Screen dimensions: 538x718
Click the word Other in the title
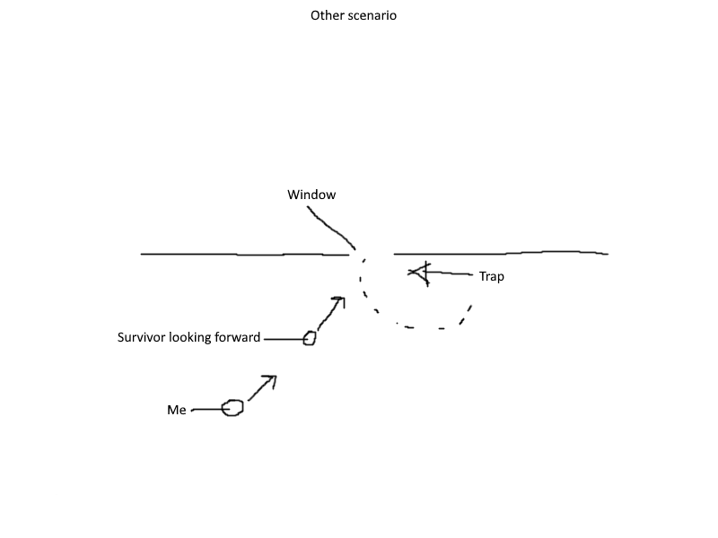326,15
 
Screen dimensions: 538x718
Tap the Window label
311,195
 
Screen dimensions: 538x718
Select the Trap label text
492,276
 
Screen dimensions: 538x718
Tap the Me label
177,410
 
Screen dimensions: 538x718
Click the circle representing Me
232,408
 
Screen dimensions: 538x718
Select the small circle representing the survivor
310,338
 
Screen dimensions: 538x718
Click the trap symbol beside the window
419,272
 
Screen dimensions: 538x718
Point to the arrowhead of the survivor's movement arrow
341,299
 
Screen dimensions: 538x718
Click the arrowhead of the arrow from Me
272,378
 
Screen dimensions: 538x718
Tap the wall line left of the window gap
242,255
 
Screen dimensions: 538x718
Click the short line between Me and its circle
208,410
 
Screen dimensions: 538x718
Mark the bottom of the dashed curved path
422,328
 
